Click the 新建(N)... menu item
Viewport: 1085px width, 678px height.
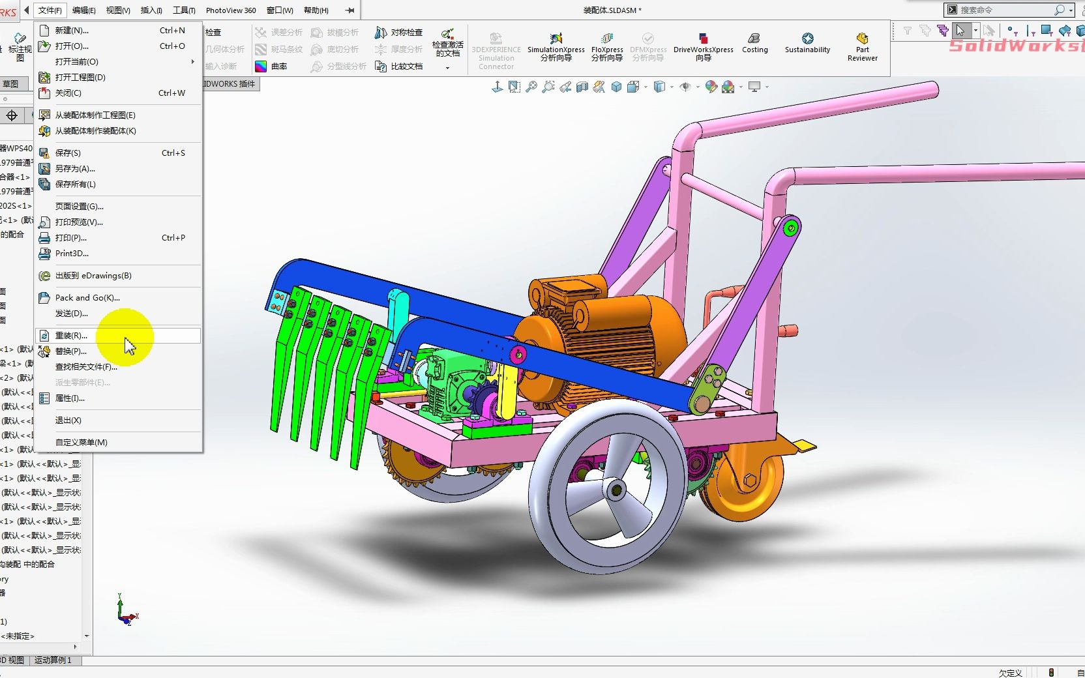pos(72,30)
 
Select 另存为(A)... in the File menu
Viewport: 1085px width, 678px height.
pos(74,168)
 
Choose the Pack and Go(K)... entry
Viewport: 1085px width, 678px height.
pos(87,297)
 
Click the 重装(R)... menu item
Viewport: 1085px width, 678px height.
pos(70,335)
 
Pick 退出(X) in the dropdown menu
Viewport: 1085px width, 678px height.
pos(68,420)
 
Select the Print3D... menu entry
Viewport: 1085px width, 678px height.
pos(72,253)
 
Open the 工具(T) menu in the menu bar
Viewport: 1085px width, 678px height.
pos(184,10)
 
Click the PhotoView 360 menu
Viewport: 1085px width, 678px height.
pos(231,10)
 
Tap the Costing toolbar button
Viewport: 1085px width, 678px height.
pos(754,44)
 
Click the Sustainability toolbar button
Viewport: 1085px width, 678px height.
pos(807,44)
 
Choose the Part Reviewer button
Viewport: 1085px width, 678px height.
pos(862,47)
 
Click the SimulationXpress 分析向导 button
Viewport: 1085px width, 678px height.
pos(556,47)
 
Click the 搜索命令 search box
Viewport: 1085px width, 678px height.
pos(1004,10)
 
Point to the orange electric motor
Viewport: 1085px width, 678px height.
pos(606,339)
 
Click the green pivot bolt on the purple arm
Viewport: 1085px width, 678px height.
pos(791,228)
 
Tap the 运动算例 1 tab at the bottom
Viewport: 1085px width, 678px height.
pos(53,660)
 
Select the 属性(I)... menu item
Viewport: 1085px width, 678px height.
pos(69,398)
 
